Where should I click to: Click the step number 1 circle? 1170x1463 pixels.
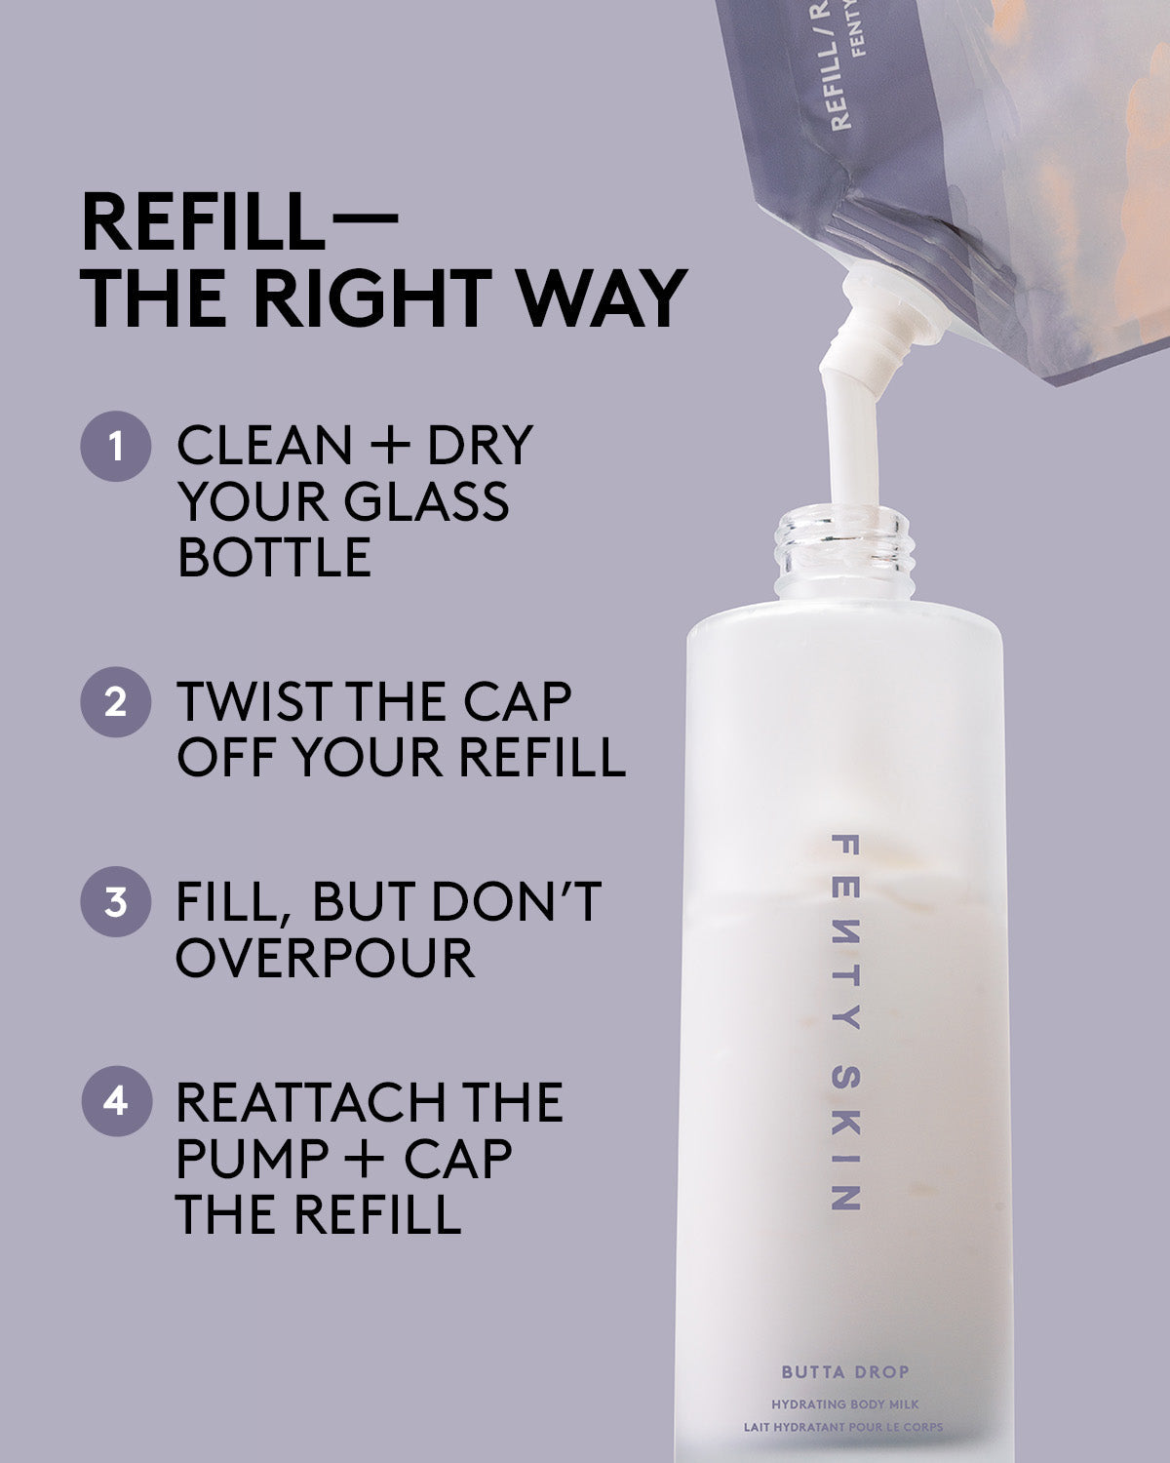[x=115, y=446]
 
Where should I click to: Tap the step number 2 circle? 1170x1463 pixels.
[x=115, y=701]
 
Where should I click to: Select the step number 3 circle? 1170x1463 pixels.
[x=115, y=901]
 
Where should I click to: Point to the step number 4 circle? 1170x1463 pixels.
[x=115, y=1101]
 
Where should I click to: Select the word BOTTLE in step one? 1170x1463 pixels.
[x=274, y=557]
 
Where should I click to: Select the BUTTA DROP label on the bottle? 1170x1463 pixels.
[x=844, y=1372]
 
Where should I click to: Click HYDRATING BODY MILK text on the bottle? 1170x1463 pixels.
[x=844, y=1404]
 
